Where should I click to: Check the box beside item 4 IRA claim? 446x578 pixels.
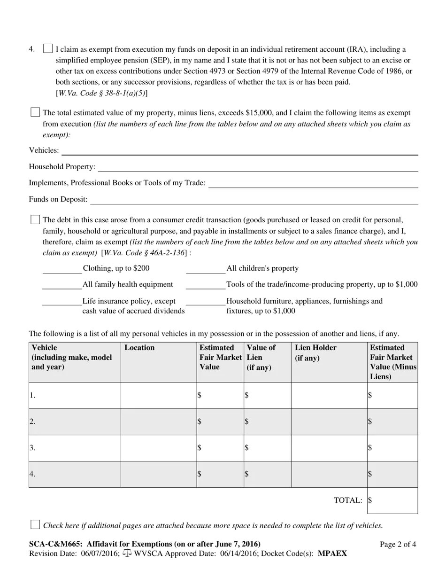click(47, 48)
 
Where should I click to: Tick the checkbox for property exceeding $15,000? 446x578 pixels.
click(35, 112)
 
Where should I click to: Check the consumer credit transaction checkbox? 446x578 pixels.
click(35, 219)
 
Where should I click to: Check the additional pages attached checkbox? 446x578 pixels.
click(35, 524)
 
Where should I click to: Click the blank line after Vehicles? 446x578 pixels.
click(239, 150)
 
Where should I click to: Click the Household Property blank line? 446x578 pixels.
click(258, 167)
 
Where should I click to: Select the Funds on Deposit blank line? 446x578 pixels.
click(254, 200)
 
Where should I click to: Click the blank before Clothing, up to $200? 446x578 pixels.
click(62, 269)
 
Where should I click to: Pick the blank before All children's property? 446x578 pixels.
click(206, 269)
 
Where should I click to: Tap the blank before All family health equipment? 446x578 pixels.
click(62, 285)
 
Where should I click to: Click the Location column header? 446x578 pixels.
click(139, 348)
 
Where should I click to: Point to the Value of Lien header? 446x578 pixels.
click(261, 357)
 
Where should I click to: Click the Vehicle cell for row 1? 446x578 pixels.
click(75, 395)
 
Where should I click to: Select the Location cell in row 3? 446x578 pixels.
click(159, 448)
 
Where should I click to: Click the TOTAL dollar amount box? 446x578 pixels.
click(392, 500)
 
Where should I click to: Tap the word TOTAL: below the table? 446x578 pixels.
click(348, 500)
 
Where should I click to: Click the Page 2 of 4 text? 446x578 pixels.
click(398, 545)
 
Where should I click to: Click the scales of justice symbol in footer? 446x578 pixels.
click(127, 553)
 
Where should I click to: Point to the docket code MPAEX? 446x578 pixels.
click(332, 554)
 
